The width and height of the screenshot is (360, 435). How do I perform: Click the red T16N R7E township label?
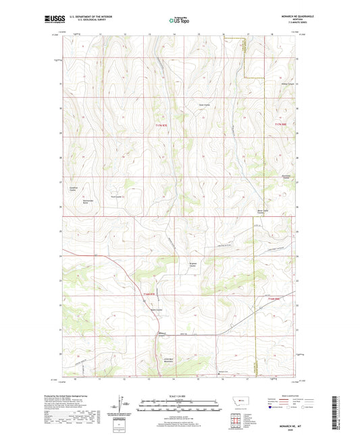150,294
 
